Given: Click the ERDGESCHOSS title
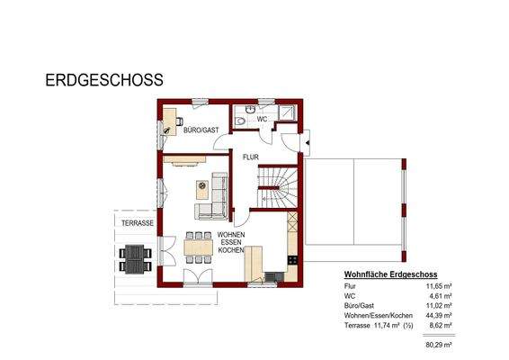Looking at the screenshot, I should tap(103, 80).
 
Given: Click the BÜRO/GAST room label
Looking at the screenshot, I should tap(201, 130).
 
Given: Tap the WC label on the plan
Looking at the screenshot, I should tap(263, 119).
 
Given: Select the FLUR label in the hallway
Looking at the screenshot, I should tap(250, 156).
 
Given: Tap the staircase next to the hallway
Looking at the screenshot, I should tap(278, 185).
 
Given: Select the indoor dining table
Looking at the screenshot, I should tap(198, 246).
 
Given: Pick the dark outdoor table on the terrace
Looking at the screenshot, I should tap(135, 259).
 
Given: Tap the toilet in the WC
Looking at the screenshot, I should tap(242, 120).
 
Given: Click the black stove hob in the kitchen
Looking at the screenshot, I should tap(292, 260).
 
